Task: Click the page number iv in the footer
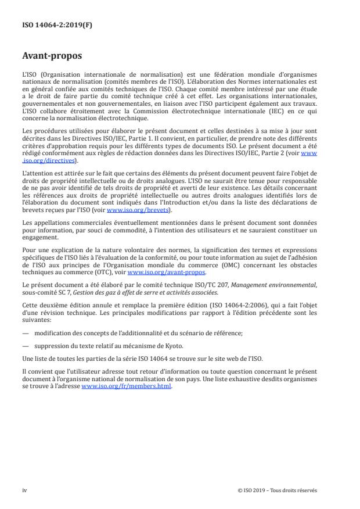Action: pyautogui.click(x=25, y=490)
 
